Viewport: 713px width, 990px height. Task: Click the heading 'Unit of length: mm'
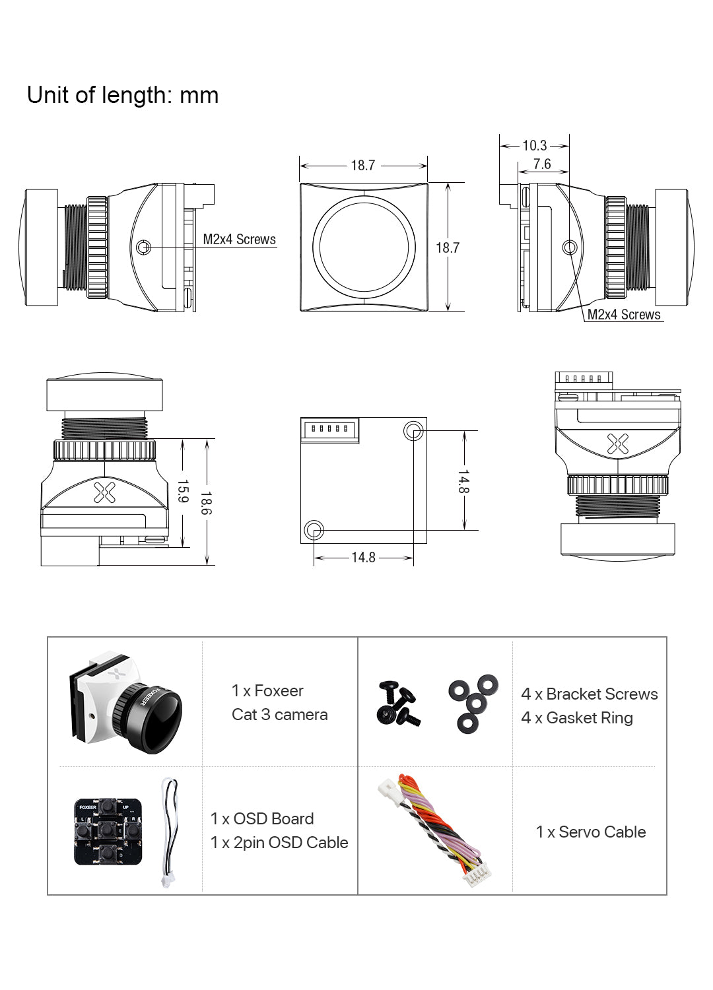pos(123,96)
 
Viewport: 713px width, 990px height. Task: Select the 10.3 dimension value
pos(534,145)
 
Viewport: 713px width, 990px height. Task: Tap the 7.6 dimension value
pos(542,164)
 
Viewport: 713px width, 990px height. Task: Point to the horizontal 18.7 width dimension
pos(362,165)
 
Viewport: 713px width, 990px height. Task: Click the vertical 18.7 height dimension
pos(447,247)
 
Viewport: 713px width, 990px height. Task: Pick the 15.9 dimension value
pos(183,491)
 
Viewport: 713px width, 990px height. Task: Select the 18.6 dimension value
pos(206,503)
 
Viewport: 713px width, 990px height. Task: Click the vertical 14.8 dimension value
pos(463,482)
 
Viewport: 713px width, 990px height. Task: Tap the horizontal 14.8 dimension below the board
pos(363,558)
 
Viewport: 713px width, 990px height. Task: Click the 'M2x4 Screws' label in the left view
pos(239,240)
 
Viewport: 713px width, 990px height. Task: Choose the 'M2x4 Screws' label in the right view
pos(624,315)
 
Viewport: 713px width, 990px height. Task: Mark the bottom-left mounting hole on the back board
pos(314,529)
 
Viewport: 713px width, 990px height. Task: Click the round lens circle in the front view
pos(364,247)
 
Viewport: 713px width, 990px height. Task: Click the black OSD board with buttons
pos(108,832)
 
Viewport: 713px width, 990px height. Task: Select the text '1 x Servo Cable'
pos(590,832)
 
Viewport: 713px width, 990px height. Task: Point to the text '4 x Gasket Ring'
pos(576,718)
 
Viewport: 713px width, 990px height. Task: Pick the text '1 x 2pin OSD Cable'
pos(279,843)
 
